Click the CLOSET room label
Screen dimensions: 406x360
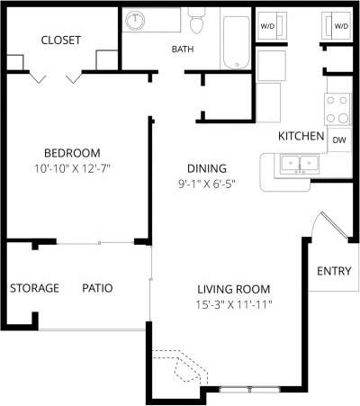61,41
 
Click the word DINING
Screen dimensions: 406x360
206,168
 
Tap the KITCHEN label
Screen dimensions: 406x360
301,136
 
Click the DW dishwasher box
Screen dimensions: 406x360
339,140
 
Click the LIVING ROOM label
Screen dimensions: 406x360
234,289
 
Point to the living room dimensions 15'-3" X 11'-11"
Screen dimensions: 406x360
234,304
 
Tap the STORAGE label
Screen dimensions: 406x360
34,288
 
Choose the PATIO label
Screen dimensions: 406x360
97,288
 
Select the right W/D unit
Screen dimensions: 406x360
341,26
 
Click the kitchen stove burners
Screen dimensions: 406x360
338,110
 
